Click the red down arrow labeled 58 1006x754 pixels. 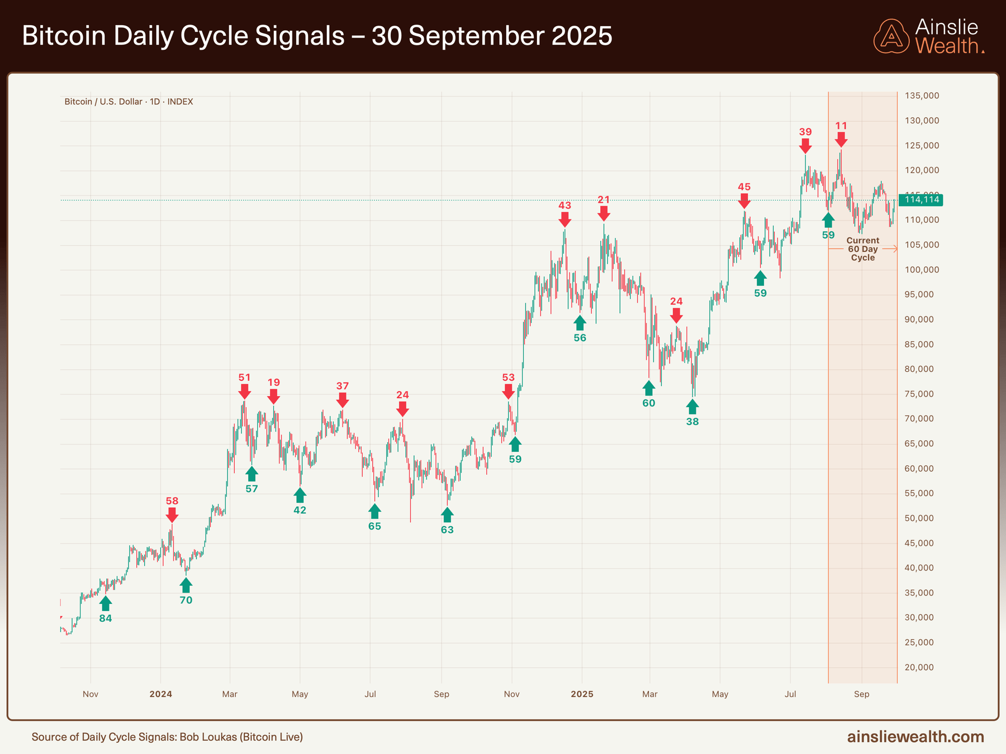coord(172,514)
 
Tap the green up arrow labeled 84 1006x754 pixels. coord(106,604)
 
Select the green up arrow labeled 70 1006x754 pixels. coord(186,585)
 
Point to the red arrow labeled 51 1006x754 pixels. coord(244,391)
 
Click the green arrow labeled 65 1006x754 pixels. coord(374,511)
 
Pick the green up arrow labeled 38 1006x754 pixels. coord(692,407)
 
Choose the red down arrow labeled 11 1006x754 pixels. coord(841,140)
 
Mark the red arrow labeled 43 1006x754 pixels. coord(564,219)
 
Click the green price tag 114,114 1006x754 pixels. coord(921,200)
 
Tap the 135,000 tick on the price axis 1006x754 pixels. coord(922,96)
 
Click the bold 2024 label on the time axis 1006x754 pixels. coord(160,694)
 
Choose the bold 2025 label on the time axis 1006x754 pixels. coord(582,694)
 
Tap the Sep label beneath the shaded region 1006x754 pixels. coord(861,694)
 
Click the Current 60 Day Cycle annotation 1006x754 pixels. coord(862,249)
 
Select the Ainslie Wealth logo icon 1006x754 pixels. coord(892,36)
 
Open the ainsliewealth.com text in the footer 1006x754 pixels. coord(915,737)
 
